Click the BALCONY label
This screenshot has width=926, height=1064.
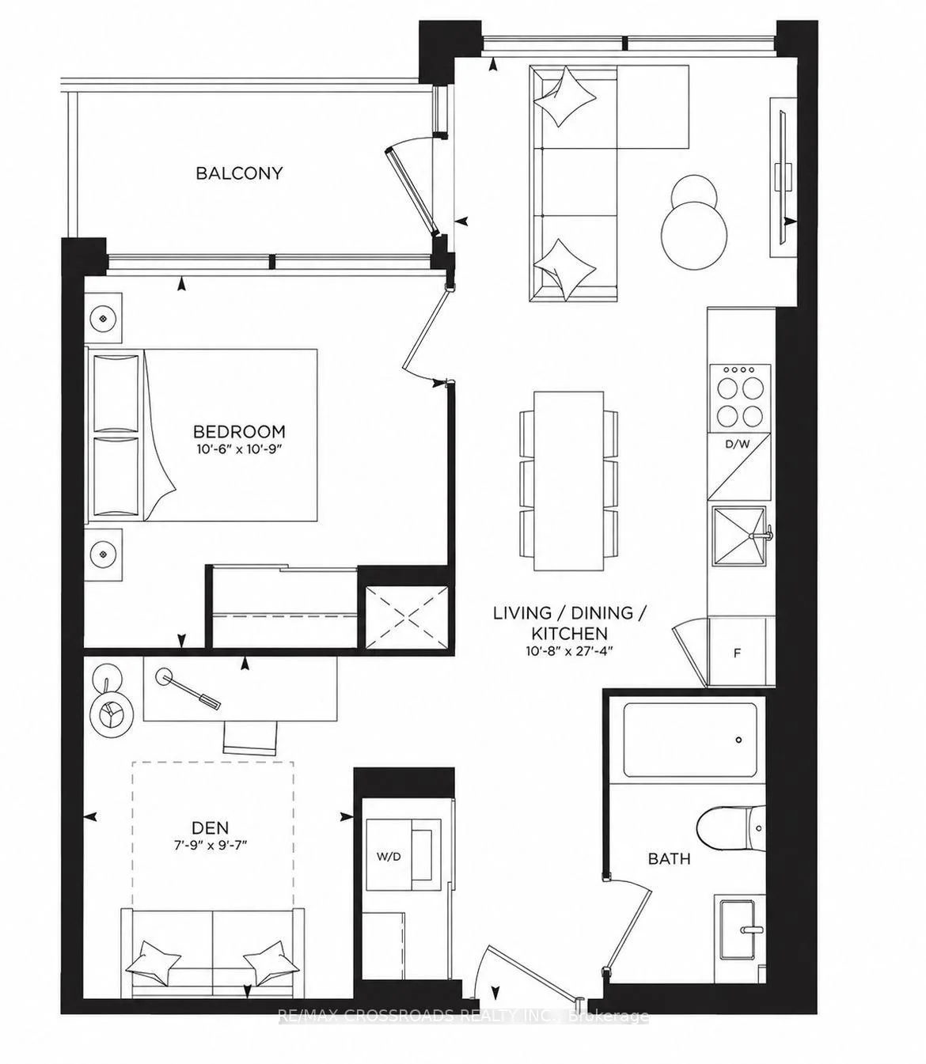pyautogui.click(x=239, y=172)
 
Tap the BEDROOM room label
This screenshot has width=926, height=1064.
pyautogui.click(x=239, y=431)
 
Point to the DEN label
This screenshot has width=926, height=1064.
pyautogui.click(x=211, y=827)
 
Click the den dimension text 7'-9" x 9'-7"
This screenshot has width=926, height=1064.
pyautogui.click(x=211, y=845)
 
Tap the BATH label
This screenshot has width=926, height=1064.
pyautogui.click(x=669, y=858)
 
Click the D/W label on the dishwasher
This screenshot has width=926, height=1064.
pyautogui.click(x=737, y=444)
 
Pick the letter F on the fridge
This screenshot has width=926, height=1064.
pyautogui.click(x=737, y=653)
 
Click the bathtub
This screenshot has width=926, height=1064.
pyautogui.click(x=690, y=740)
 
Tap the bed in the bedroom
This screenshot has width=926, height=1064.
pyautogui.click(x=203, y=435)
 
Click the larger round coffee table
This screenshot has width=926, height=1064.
pyautogui.click(x=695, y=233)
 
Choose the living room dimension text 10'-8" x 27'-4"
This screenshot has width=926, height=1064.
pyautogui.click(x=569, y=650)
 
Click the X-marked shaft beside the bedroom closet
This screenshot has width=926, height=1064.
pyautogui.click(x=406, y=617)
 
